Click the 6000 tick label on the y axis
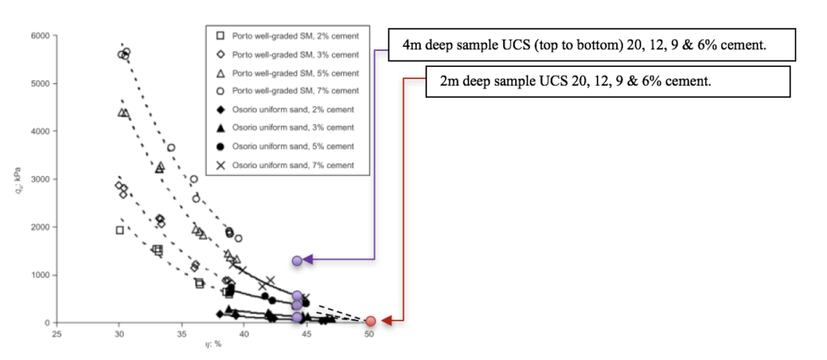click(x=39, y=36)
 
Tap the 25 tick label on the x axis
click(x=57, y=333)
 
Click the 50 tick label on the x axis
click(x=369, y=333)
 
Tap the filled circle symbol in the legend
click(x=220, y=146)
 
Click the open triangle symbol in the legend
click(x=220, y=72)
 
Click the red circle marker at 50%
click(x=370, y=321)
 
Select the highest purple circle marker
click(x=297, y=260)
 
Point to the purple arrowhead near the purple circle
click(x=310, y=260)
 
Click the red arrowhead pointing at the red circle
click(x=385, y=321)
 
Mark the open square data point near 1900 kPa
click(x=120, y=230)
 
